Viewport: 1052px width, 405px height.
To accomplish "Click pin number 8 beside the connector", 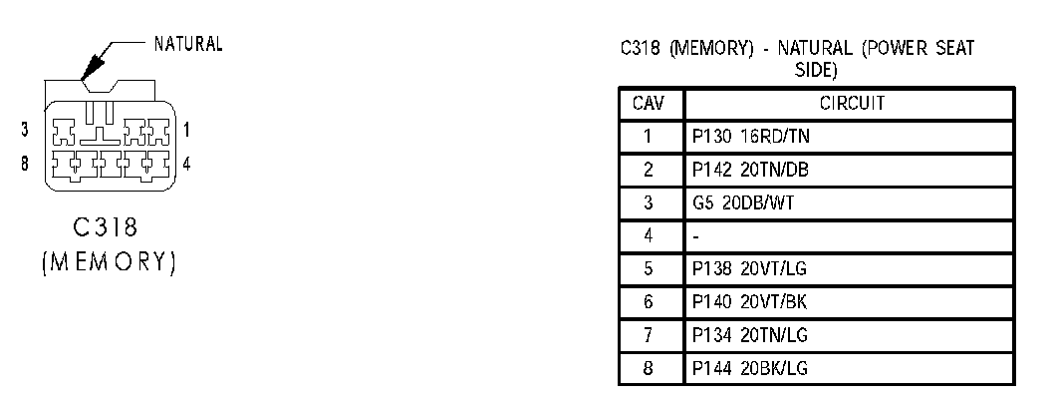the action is tap(24, 160).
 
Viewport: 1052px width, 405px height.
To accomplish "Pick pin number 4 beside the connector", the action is tap(186, 160).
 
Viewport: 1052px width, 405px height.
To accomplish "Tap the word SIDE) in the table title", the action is tap(815, 71).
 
